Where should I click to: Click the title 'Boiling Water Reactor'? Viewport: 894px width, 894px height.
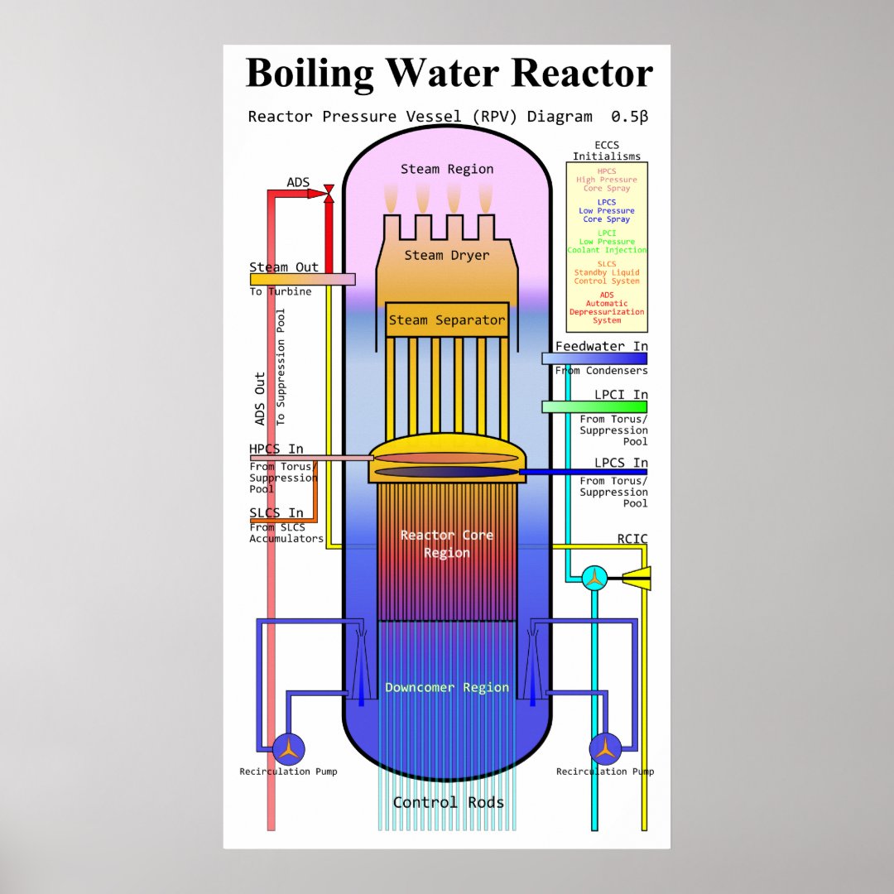point(449,73)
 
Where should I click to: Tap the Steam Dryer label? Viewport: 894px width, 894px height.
point(447,255)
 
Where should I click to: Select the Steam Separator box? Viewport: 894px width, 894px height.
point(447,320)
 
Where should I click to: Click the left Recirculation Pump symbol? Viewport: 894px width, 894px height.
point(288,749)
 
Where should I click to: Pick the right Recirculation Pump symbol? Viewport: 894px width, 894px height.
point(605,749)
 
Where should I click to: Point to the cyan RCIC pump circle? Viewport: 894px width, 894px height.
point(594,578)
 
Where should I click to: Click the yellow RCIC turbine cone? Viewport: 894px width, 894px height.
point(638,578)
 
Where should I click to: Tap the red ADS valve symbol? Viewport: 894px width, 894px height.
point(329,193)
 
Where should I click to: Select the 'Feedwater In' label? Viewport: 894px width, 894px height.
point(601,346)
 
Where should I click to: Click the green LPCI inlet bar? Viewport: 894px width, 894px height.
point(594,406)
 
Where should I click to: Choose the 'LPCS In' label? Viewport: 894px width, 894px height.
point(621,463)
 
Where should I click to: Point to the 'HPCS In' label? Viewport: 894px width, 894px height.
point(276,449)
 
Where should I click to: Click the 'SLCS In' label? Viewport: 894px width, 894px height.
point(276,513)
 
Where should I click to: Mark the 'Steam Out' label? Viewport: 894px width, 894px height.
point(284,267)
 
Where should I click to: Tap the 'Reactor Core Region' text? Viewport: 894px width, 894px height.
point(447,544)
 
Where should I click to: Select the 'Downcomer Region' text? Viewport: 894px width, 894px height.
point(447,687)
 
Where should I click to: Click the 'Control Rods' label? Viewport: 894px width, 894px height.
point(448,802)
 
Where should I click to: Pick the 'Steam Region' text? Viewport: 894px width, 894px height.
point(447,169)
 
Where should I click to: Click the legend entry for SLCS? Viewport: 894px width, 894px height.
point(607,272)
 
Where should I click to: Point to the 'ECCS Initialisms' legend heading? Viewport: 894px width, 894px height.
point(607,151)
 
